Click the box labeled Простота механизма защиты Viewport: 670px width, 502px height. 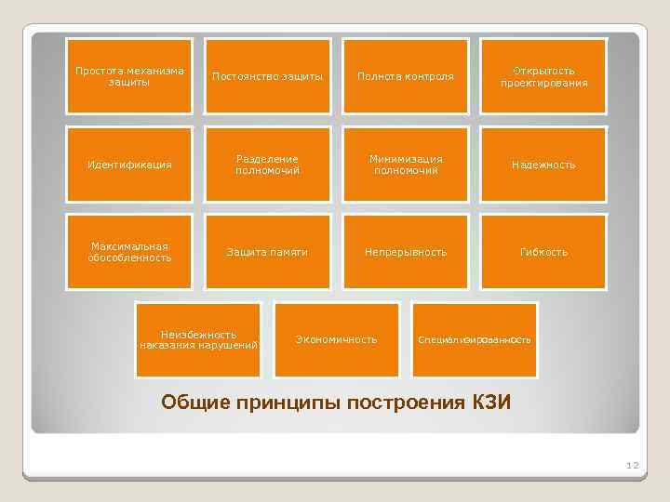(129, 76)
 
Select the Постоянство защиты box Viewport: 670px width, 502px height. (268, 76)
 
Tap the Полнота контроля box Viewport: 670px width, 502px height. (406, 76)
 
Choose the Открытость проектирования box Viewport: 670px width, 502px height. (543, 76)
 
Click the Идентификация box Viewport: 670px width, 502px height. (129, 165)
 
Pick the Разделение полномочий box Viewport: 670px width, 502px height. (268, 165)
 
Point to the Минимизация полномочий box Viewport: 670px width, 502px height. (406, 165)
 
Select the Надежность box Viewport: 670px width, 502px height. (543, 165)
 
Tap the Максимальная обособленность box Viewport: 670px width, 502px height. (129, 252)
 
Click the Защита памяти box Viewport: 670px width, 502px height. (268, 252)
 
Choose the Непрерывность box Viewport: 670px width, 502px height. (406, 252)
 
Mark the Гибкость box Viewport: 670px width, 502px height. (543, 252)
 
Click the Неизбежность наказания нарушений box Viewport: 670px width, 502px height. (198, 340)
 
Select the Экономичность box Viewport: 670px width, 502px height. (337, 340)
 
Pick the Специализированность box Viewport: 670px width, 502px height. (475, 340)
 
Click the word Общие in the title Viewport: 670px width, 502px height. (194, 403)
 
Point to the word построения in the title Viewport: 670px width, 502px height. (400, 403)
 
